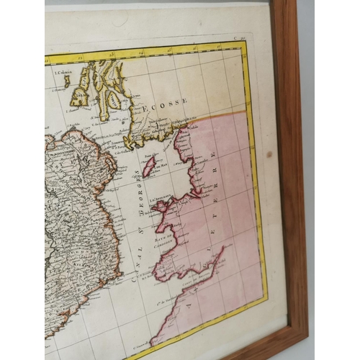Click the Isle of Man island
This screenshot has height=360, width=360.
click(x=150, y=166)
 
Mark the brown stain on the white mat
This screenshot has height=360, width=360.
click(x=269, y=153)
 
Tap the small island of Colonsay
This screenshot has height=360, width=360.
click(x=67, y=81)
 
